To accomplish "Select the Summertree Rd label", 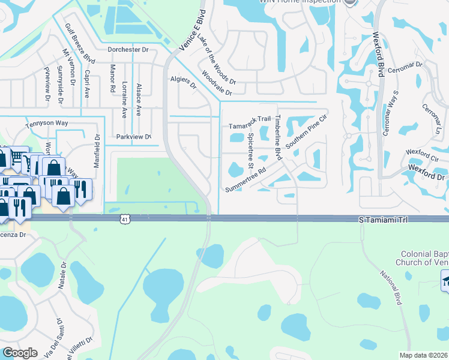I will [x=246, y=180].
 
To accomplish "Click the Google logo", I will [x=20, y=353].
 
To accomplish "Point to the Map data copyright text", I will [x=424, y=355].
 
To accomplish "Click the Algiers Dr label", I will [x=184, y=82].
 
